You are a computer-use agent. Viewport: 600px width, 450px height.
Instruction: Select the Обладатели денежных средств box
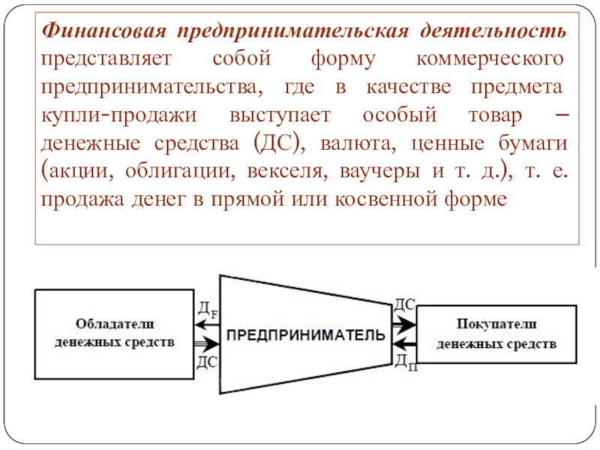(114, 333)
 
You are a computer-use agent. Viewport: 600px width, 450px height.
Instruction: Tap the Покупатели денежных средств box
(496, 334)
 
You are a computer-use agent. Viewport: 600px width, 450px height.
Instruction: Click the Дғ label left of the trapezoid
(207, 308)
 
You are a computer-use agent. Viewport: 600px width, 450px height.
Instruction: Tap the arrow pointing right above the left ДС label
(205, 344)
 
